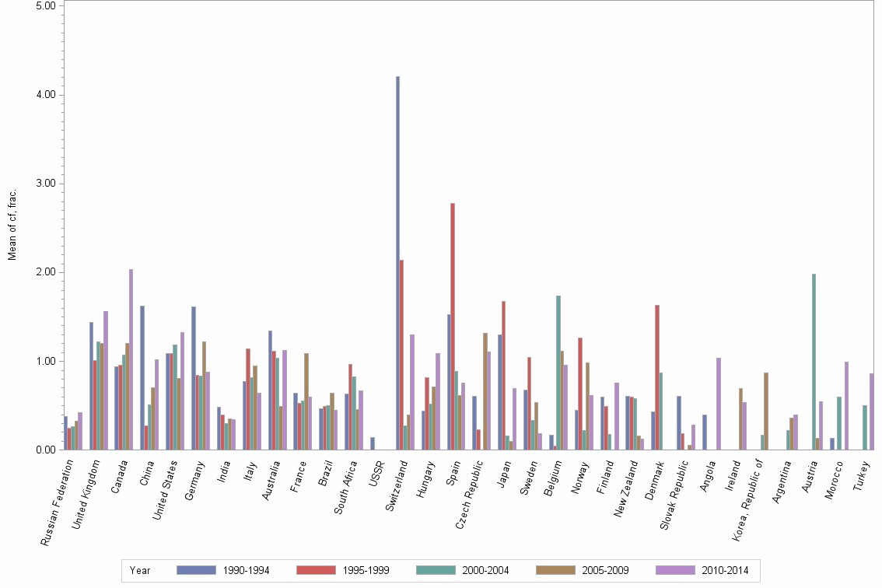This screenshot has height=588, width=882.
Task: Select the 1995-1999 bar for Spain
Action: pyautogui.click(x=453, y=327)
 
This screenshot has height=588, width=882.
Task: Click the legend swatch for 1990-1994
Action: pyautogui.click(x=196, y=570)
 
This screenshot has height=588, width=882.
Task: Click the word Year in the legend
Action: pyautogui.click(x=140, y=570)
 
